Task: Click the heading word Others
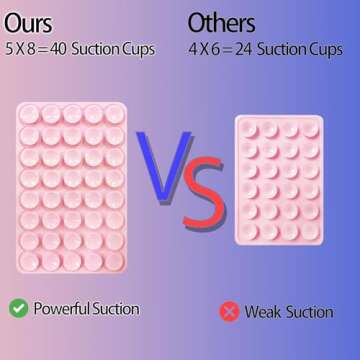click(221, 22)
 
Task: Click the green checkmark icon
click(18, 307)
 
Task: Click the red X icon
click(229, 312)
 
